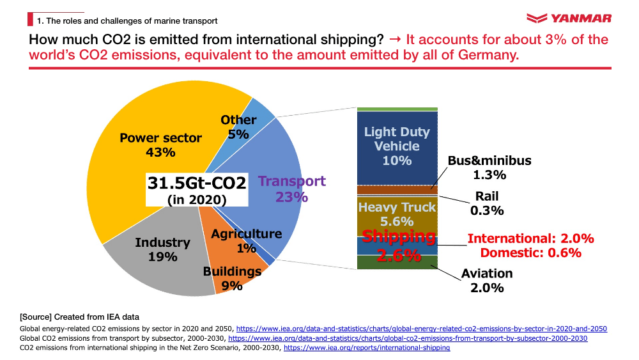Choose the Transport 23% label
292,189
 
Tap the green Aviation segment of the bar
397,263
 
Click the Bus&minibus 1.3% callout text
489,168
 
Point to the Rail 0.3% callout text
487,203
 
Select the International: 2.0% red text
531,239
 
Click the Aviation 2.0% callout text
487,280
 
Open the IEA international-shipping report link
367,348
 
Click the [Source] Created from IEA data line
80,317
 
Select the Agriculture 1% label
246,240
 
